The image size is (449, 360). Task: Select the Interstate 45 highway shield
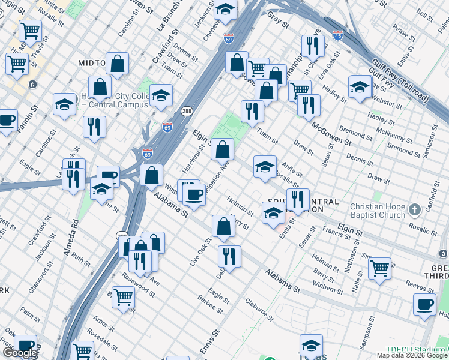tap(338, 35)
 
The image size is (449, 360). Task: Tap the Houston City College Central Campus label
tap(118, 100)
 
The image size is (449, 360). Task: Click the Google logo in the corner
tap(20, 353)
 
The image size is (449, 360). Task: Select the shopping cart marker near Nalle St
tap(380, 269)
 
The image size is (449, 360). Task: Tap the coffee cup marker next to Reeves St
tap(424, 304)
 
